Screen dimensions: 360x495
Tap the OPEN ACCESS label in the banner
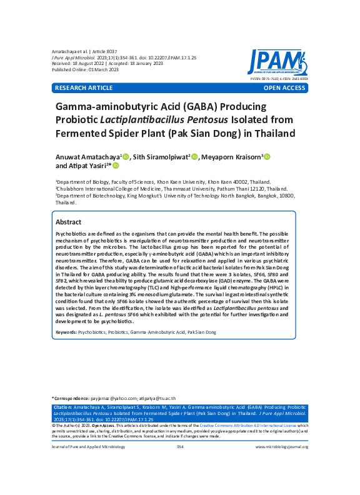(x=284, y=89)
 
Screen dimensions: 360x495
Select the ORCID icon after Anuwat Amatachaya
(x=126, y=156)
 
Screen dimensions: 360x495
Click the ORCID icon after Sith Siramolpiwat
(x=194, y=156)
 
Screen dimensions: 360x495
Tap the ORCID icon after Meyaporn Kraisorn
(x=267, y=156)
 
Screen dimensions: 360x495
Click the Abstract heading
(x=68, y=222)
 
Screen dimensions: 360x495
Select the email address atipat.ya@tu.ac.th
(x=156, y=398)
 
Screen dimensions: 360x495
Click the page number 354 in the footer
(x=180, y=447)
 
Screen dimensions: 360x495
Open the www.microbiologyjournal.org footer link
(x=282, y=447)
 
